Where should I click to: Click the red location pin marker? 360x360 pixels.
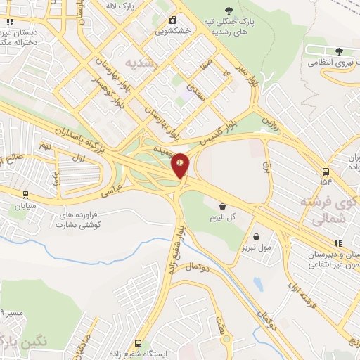coord(180,167)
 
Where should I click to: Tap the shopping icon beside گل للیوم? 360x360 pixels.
coord(223,207)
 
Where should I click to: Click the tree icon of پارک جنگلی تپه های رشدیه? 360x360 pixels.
coord(229,9)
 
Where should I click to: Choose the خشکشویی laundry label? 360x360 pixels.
coord(172,30)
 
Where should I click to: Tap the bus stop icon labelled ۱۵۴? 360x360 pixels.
coord(326,172)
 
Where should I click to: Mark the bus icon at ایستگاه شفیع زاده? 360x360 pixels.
coord(138,343)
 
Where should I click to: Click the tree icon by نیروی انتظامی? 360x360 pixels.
coord(340,51)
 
